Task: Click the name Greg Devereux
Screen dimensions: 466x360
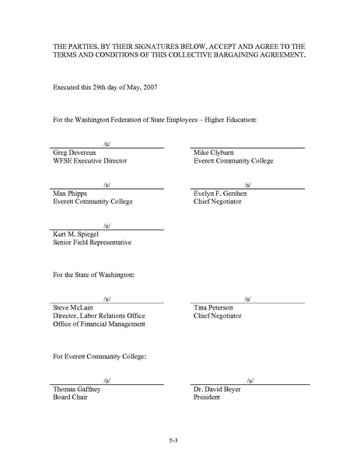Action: click(x=73, y=152)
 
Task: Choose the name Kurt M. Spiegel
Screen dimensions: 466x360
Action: click(x=75, y=233)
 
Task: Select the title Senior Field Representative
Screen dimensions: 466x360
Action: click(x=91, y=242)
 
